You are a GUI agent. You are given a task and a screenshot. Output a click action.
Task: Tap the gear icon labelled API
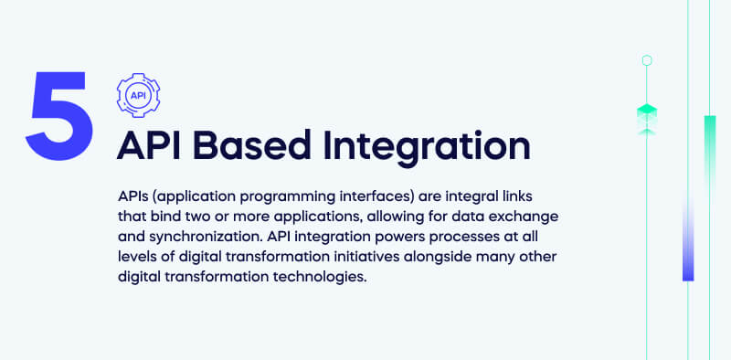click(x=138, y=94)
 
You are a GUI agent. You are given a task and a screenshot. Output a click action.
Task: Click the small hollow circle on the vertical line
click(x=647, y=60)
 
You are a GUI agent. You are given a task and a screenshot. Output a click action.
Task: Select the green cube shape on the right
click(x=647, y=114)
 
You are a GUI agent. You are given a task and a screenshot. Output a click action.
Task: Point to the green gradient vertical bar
click(x=709, y=146)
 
